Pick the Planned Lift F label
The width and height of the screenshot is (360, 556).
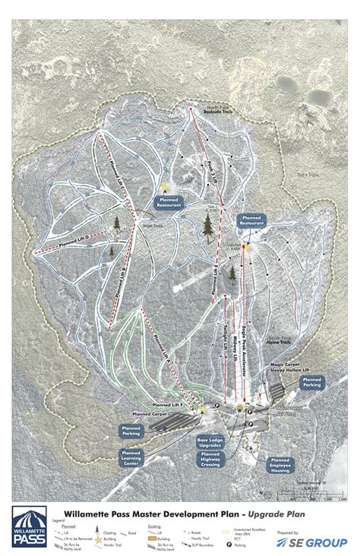(x=170, y=406)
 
